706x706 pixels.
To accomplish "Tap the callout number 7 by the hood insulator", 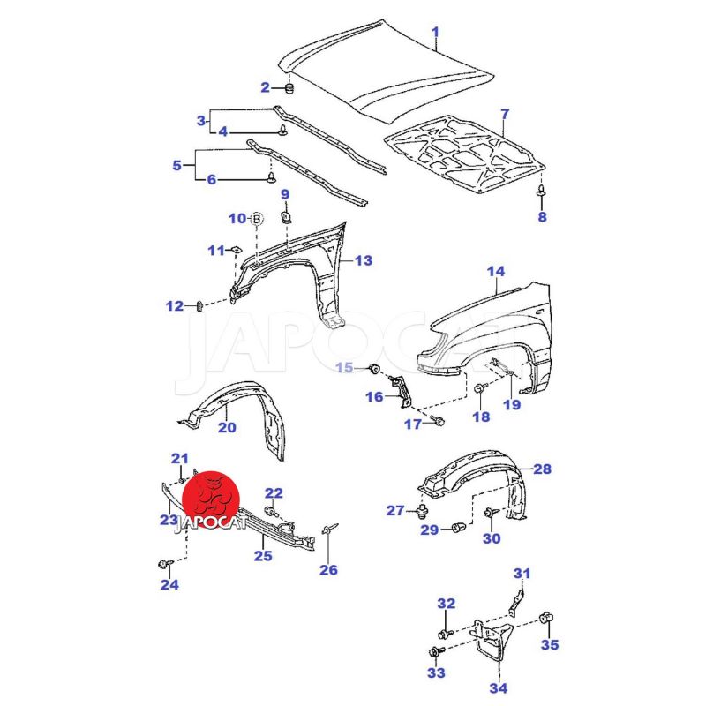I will [505, 114].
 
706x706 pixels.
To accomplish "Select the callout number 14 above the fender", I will [496, 272].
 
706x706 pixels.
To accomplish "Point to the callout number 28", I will [542, 469].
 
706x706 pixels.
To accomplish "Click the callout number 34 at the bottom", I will [498, 688].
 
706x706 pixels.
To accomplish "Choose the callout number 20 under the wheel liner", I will [227, 428].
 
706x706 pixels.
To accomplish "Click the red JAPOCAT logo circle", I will [212, 496].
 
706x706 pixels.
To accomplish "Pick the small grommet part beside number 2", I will [290, 87].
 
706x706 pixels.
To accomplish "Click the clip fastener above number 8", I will [541, 191].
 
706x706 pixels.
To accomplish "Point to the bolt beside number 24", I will [163, 562].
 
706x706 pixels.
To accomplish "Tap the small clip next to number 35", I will [545, 615].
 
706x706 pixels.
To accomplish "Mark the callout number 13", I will [364, 260].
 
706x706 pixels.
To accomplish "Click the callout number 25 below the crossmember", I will [263, 555].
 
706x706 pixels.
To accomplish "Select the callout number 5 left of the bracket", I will [177, 165].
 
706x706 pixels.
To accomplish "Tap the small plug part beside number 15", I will [373, 366].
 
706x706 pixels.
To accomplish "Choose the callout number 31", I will [522, 575].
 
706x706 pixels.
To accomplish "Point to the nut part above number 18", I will [479, 388].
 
